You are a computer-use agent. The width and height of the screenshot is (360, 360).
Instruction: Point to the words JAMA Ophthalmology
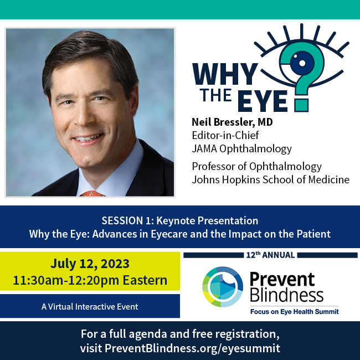coord(241,148)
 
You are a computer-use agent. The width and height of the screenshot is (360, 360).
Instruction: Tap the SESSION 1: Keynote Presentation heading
coord(180,220)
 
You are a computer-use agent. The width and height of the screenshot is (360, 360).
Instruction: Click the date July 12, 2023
coord(90,263)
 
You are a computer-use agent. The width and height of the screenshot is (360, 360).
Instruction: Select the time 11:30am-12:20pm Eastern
coord(90,280)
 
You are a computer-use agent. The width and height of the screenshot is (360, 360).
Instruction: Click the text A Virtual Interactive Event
coord(90,306)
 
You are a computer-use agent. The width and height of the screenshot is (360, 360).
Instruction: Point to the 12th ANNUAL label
coord(271,255)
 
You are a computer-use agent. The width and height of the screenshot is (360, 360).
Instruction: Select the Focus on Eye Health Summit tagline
coord(294,312)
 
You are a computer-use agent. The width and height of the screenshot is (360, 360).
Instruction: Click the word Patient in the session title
coord(313,234)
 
